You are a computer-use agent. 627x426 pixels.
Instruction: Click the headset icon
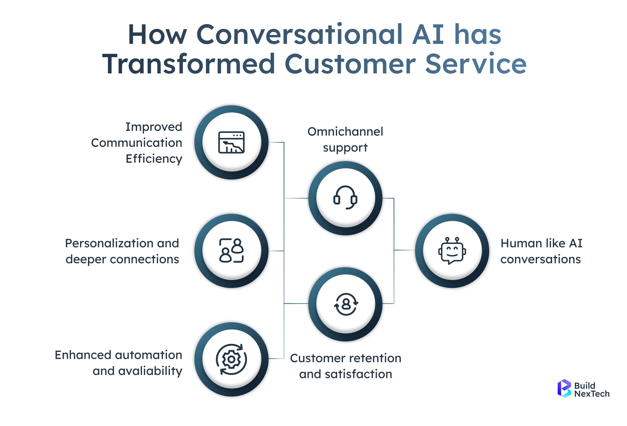[345, 197]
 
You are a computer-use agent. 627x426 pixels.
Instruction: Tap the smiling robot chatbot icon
[452, 250]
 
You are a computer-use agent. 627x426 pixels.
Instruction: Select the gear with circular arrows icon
[231, 359]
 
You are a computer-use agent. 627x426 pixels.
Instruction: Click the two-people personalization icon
[231, 250]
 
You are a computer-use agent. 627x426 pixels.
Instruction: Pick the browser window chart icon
[231, 142]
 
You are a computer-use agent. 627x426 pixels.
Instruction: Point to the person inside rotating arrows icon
[346, 304]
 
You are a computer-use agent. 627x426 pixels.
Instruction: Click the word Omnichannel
[345, 132]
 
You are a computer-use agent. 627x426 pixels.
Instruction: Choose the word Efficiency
[154, 159]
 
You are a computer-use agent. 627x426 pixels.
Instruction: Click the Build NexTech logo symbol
[564, 389]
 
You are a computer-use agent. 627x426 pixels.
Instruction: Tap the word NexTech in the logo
[592, 394]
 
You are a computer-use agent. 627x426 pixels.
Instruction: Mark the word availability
[150, 371]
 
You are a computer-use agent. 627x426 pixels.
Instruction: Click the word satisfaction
[358, 374]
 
